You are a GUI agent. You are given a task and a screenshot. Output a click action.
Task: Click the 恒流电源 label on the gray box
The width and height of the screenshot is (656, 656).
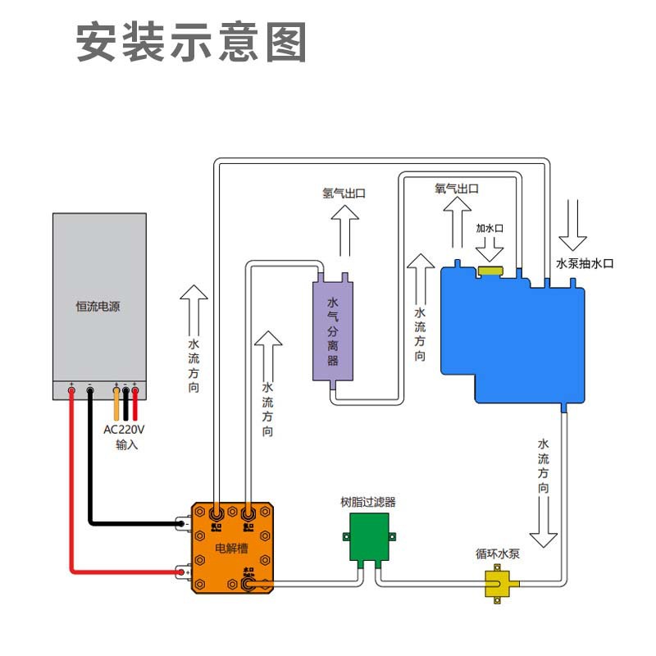click(x=98, y=307)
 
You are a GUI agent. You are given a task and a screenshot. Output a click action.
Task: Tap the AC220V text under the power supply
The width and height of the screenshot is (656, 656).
click(x=124, y=429)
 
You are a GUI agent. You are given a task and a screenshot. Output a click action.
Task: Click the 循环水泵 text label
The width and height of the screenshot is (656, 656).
click(x=498, y=553)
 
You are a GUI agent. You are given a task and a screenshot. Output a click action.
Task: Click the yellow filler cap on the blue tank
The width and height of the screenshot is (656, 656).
click(x=491, y=270)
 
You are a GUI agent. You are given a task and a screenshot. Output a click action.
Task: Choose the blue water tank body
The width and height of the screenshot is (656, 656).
click(x=512, y=336)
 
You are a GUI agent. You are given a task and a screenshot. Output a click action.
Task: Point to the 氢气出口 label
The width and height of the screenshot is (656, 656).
click(x=344, y=194)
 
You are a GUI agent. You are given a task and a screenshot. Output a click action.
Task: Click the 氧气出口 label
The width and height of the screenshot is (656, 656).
click(x=456, y=189)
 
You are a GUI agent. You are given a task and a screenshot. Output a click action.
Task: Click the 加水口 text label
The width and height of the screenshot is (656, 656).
click(x=490, y=228)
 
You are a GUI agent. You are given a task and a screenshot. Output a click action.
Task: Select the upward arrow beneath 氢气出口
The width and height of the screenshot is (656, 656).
click(x=345, y=230)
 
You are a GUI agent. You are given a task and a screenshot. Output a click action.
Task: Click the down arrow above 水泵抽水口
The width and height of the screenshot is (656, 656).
click(x=572, y=224)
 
